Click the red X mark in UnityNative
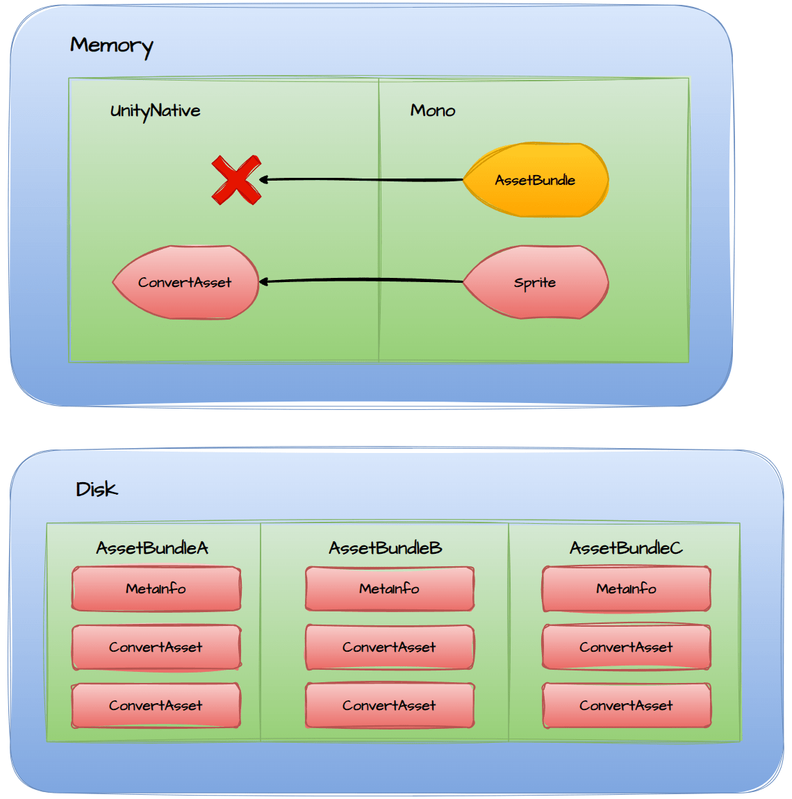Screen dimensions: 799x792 tap(236, 180)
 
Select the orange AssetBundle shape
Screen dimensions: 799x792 tap(536, 180)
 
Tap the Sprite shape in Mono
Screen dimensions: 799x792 tap(536, 282)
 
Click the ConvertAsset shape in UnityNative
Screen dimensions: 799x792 tap(185, 282)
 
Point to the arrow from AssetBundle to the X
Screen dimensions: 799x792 tap(361, 180)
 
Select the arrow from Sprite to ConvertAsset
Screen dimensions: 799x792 tap(361, 281)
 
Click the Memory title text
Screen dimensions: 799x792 tap(111, 46)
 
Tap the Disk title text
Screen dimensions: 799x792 tap(97, 489)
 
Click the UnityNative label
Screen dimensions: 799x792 tap(155, 111)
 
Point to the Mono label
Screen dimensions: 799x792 tap(433, 110)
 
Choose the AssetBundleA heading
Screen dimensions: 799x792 tap(152, 548)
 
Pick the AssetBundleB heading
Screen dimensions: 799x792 tap(386, 548)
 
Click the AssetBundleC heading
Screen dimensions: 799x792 tap(626, 548)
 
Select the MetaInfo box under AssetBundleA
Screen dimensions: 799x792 tap(156, 588)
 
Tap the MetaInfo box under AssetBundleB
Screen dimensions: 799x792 tap(390, 588)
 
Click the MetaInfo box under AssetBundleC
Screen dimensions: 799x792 tap(627, 588)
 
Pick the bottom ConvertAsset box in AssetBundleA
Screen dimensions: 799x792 tap(156, 705)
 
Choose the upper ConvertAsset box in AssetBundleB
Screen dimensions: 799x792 tap(390, 647)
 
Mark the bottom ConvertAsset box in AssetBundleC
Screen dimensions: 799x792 tap(627, 705)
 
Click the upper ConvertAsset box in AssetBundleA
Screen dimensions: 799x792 tap(156, 647)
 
